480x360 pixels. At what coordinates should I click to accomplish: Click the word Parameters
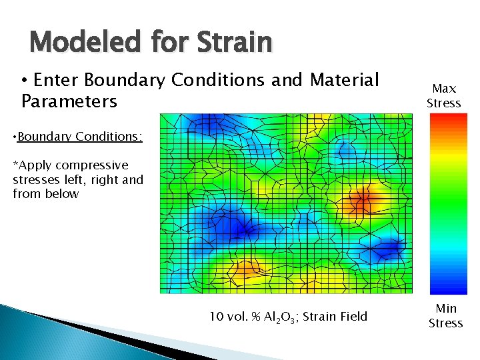pos(69,102)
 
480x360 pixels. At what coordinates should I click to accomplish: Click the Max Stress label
pos(444,95)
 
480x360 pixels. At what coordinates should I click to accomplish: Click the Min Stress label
pos(445,316)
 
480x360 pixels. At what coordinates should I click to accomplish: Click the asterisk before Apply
pos(15,165)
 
